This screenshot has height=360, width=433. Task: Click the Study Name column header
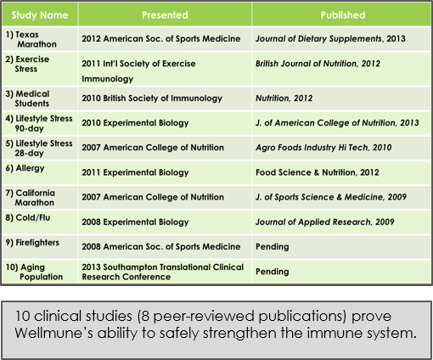click(40, 15)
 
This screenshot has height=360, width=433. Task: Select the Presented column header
click(165, 15)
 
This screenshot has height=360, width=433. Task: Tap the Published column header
click(343, 15)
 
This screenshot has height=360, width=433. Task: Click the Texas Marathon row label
click(31, 39)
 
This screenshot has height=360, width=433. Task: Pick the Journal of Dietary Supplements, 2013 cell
click(330, 39)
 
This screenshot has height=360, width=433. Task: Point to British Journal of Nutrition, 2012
click(318, 64)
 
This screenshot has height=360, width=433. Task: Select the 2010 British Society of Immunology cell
click(152, 98)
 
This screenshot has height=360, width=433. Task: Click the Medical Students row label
click(27, 98)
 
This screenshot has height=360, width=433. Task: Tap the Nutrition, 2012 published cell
click(284, 98)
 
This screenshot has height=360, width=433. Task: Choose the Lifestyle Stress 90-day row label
click(39, 123)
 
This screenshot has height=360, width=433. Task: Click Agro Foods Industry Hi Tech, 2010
click(323, 148)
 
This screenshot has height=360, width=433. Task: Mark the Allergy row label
click(25, 168)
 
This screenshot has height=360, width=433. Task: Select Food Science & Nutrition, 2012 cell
click(318, 172)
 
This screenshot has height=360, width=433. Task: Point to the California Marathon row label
click(30, 198)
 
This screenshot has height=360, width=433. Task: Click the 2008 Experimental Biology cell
click(135, 222)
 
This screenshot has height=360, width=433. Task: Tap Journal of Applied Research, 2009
click(324, 222)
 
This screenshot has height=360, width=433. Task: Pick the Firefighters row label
click(32, 243)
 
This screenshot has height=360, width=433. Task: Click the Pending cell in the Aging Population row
click(273, 272)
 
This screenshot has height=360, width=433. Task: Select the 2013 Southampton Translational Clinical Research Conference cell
click(163, 272)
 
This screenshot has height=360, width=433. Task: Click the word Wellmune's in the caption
click(53, 333)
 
